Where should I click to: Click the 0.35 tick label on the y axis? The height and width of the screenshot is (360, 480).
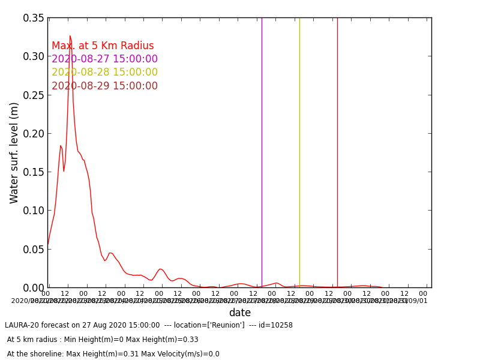34,18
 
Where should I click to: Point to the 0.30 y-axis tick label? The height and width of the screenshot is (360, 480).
34,56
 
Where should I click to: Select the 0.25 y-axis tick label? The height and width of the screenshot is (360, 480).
34,95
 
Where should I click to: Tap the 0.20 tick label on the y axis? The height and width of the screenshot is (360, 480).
34,133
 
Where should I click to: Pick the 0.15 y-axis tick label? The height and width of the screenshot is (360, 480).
34,172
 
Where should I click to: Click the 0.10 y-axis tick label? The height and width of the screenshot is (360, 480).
34,211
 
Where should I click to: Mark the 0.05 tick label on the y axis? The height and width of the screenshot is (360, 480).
34,249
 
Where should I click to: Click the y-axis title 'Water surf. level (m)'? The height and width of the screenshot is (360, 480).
14,152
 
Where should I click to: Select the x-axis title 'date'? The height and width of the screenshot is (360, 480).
239,313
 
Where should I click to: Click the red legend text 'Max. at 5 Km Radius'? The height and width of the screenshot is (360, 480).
103,46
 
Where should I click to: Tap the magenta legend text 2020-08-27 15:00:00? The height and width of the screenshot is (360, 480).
104,59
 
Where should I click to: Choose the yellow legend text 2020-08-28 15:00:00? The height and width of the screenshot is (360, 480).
104,73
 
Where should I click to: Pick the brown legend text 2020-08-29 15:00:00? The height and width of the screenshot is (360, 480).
104,86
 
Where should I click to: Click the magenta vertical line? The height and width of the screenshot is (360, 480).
262,150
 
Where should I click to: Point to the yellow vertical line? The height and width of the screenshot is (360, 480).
299,150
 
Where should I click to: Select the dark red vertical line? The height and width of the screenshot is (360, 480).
337,150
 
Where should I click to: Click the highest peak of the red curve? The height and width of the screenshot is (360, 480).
70,36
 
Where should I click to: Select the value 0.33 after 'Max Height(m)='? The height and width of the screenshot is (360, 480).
191,340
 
